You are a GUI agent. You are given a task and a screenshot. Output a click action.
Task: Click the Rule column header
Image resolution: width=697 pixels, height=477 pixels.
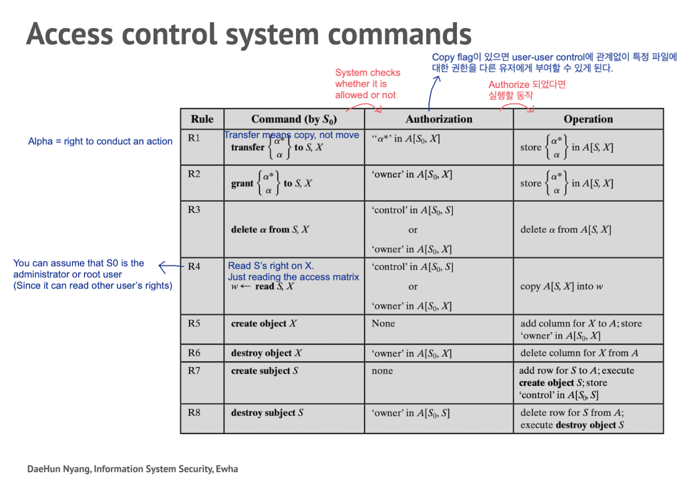click(202, 119)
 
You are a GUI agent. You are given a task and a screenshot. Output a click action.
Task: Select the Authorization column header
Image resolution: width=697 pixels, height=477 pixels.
click(439, 119)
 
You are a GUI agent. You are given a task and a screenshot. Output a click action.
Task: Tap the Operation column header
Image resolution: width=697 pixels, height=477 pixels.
click(588, 119)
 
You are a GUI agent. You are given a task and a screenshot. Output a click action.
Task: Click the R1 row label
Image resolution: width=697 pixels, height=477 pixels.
click(194, 138)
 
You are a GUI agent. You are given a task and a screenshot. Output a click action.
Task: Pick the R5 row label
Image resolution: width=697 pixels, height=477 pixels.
click(194, 323)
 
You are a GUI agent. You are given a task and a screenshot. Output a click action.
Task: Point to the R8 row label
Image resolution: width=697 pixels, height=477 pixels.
click(194, 412)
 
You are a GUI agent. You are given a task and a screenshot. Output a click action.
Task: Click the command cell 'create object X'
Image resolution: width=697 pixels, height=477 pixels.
click(264, 323)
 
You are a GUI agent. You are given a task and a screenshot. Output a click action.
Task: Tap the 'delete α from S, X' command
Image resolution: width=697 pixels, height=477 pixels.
click(269, 229)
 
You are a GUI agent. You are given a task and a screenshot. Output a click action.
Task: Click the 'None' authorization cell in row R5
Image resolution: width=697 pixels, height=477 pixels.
click(383, 323)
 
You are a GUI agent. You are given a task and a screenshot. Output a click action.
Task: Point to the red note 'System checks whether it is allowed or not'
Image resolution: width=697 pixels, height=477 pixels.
click(367, 83)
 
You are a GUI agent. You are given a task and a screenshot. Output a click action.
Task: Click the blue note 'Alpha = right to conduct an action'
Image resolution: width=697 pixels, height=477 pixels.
click(100, 141)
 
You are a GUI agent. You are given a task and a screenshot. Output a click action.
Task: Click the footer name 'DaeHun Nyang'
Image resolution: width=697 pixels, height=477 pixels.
click(58, 469)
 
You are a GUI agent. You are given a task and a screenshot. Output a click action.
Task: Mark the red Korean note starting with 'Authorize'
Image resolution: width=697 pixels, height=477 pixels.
click(527, 90)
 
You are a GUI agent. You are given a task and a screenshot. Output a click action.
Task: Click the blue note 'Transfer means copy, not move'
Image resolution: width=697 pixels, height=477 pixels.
click(291, 135)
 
